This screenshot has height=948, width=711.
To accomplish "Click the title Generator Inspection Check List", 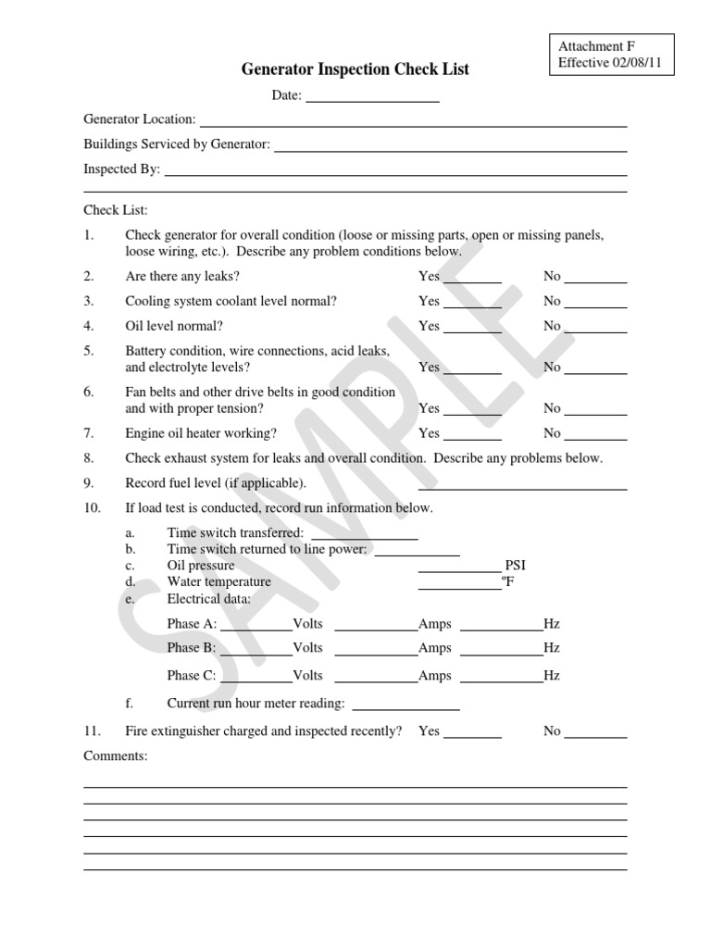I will [355, 69].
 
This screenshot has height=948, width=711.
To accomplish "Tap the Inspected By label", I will [121, 169].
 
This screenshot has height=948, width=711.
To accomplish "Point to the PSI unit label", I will [516, 566].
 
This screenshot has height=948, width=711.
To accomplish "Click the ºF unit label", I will [507, 582].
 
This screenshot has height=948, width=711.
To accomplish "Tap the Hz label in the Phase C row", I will [552, 676].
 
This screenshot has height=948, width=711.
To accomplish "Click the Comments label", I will [116, 756].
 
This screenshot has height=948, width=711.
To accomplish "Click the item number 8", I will [89, 458].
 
